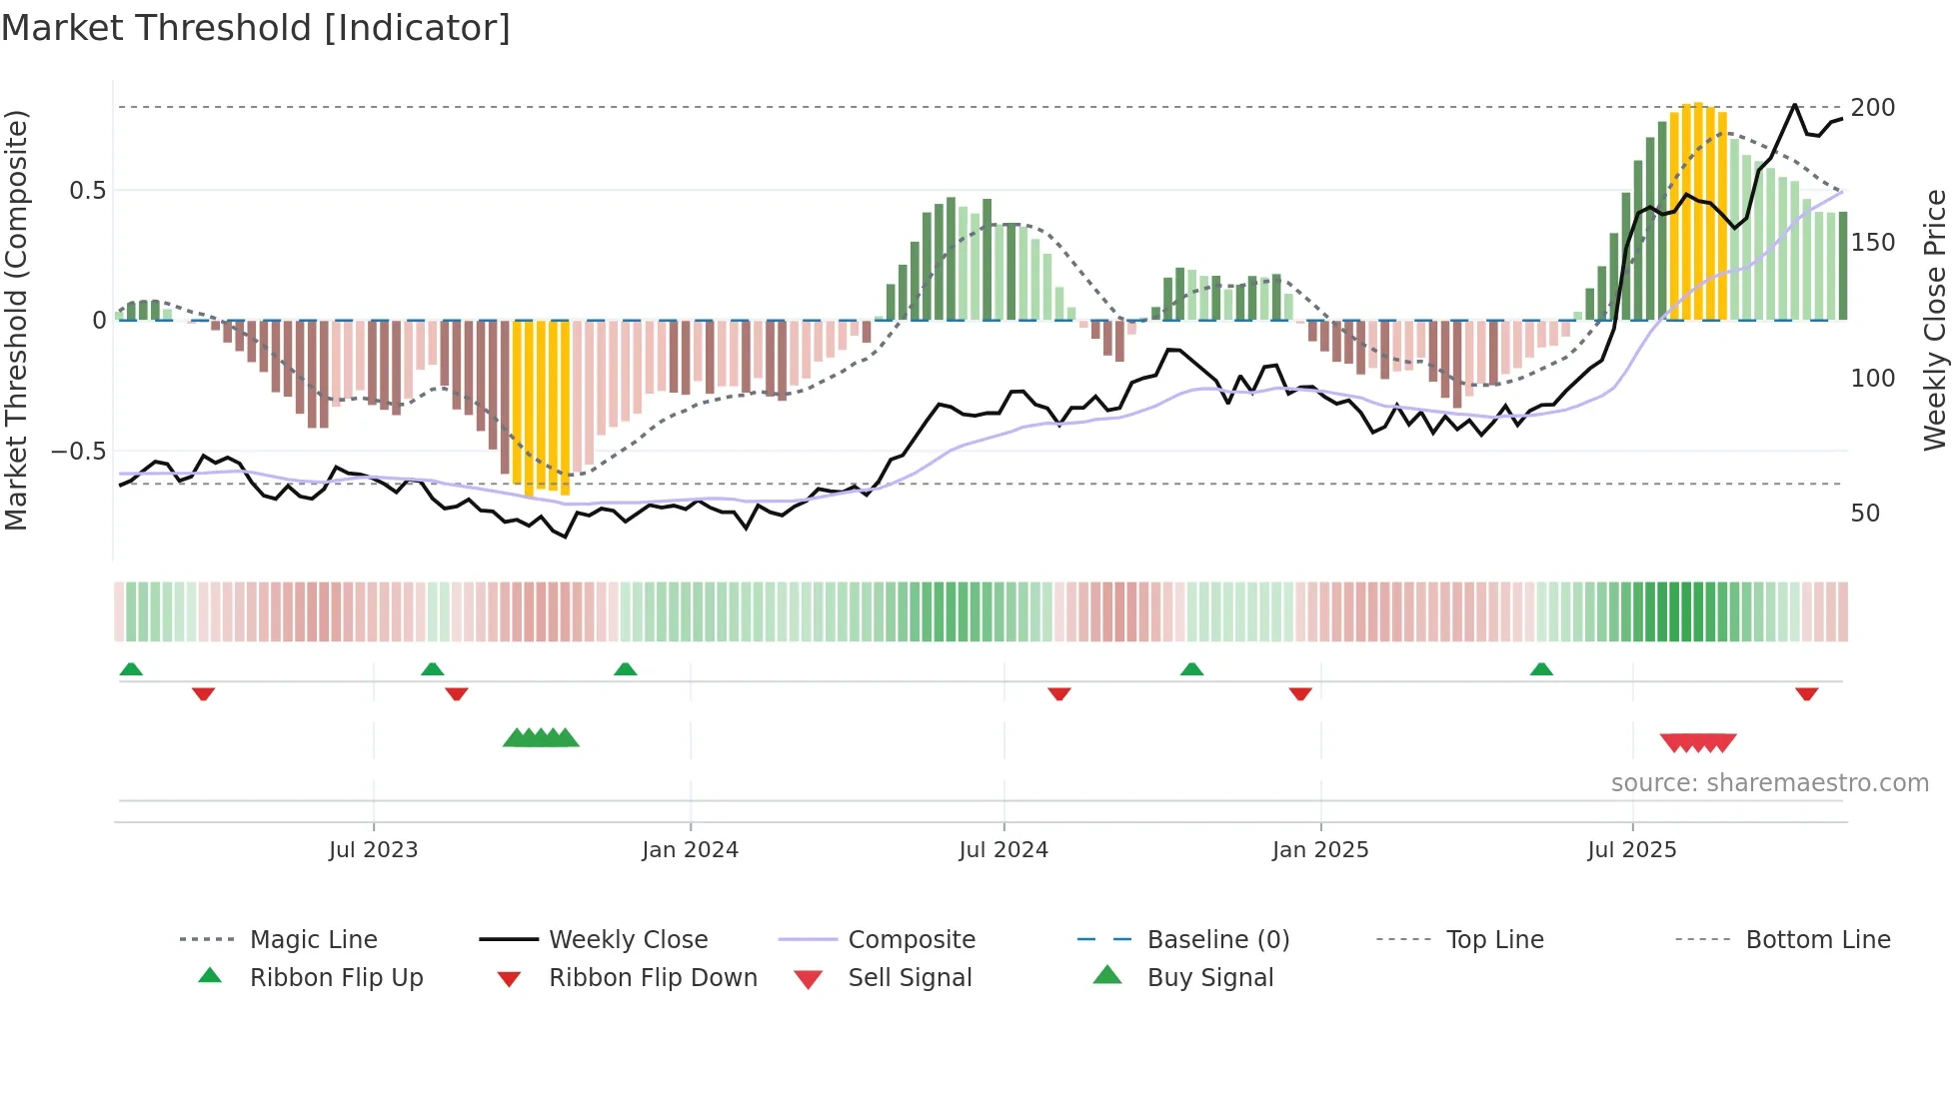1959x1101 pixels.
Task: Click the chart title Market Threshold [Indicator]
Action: tap(256, 28)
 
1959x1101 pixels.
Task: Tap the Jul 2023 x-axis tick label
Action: tap(373, 850)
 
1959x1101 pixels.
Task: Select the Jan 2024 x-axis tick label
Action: tap(690, 850)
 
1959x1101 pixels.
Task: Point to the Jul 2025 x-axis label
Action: tap(1631, 850)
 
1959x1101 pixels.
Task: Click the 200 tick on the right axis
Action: tap(1872, 108)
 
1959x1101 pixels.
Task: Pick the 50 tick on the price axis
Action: tap(1865, 514)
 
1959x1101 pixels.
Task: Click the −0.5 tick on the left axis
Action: tap(79, 452)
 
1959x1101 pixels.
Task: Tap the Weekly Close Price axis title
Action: tap(1935, 320)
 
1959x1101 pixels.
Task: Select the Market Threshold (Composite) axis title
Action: tap(17, 320)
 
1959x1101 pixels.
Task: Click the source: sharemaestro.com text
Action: tap(1769, 783)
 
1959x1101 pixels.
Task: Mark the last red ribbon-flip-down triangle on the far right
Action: tap(1806, 694)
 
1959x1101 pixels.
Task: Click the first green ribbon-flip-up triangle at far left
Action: tap(131, 668)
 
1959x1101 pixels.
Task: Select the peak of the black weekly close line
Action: tap(1795, 105)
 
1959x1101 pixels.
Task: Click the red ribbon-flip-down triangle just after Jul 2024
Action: tap(1059, 694)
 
